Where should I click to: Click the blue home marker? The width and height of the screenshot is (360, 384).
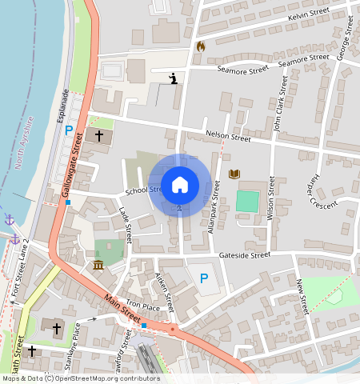[x=180, y=185]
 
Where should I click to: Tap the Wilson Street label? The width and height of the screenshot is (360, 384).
[x=270, y=200]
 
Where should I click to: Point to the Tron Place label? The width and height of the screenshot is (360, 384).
[x=143, y=306]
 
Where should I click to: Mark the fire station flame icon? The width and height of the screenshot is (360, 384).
[x=200, y=46]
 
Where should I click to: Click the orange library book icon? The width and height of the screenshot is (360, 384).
[x=234, y=174]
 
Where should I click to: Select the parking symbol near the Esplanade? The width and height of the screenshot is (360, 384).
[x=69, y=130]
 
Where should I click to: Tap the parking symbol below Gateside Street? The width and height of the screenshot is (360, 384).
[x=204, y=278]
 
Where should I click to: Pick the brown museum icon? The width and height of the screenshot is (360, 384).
[x=98, y=265]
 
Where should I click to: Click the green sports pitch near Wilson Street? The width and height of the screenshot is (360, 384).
[x=248, y=201]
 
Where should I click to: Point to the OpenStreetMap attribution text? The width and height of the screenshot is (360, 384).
[x=80, y=378]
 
